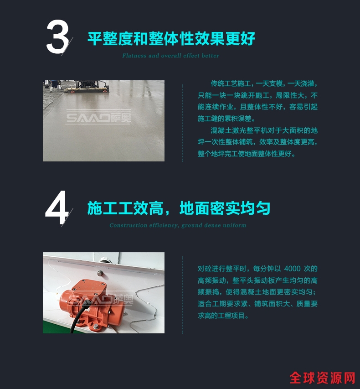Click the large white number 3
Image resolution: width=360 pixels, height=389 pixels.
coord(57,37)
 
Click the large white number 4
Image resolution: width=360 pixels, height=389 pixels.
coord(57,207)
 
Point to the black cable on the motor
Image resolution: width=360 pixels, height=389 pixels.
coord(79,315)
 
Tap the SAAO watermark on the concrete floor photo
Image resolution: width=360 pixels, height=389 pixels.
coord(98,117)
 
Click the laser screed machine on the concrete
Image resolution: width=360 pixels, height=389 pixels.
coord(87,86)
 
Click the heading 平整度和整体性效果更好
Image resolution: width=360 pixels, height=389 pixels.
coord(171,38)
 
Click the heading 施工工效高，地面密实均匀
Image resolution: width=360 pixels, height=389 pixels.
coord(179,208)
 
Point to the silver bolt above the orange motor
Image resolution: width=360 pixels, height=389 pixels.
coord(100,273)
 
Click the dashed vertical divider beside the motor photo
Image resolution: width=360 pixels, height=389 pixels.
coord(183,295)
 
